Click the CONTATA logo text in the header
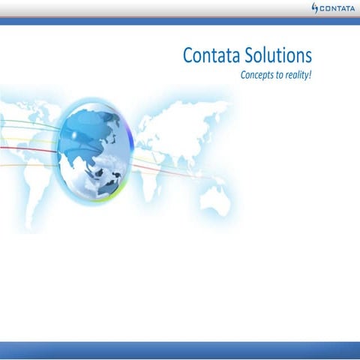[337, 8]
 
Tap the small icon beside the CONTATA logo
[315, 8]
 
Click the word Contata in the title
[211, 55]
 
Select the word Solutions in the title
[278, 55]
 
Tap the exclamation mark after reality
[310, 74]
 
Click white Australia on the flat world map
[215, 201]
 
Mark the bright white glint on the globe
[74, 135]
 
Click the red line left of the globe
[28, 149]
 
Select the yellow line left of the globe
[28, 140]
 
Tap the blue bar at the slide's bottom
[180, 350]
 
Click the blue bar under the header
[180, 22]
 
